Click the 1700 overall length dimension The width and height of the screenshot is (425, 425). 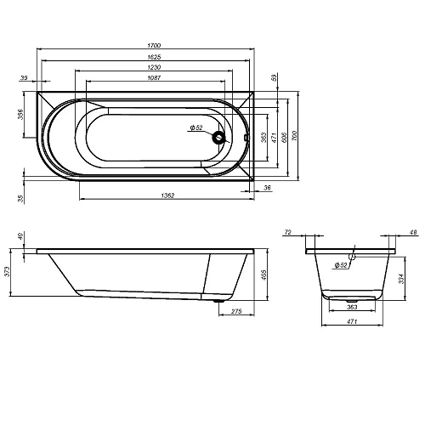tap(153, 44)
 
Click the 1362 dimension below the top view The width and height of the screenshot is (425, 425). tap(167, 196)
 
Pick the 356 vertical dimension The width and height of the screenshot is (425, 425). tap(22, 116)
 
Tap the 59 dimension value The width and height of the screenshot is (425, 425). tap(274, 77)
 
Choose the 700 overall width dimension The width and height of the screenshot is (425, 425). tap(295, 136)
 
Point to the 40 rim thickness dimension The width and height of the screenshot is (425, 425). tap(21, 236)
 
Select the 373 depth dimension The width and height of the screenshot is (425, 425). tap(8, 272)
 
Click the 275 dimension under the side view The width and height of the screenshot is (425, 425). tap(237, 313)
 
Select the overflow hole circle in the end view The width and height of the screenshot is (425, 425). tap(354, 254)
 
